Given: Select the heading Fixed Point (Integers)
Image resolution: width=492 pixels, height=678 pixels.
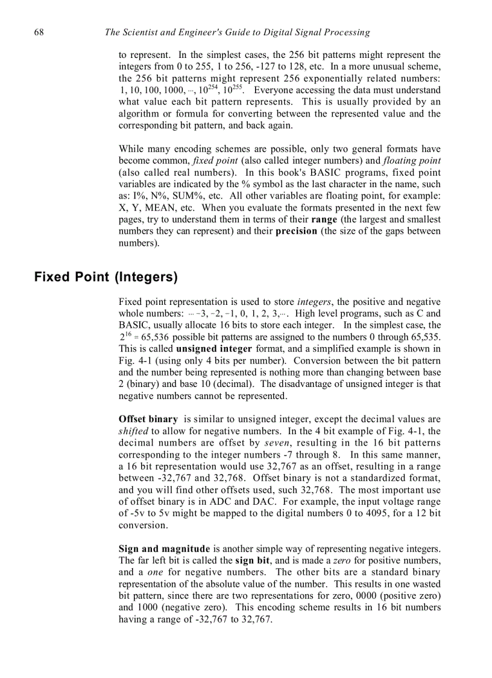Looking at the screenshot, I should tap(106, 277).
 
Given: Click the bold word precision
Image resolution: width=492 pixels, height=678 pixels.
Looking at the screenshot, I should tap(296, 231).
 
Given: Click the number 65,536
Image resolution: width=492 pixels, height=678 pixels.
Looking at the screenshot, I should tap(156, 337).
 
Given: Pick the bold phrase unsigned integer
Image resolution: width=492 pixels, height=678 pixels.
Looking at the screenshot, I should tap(214, 349).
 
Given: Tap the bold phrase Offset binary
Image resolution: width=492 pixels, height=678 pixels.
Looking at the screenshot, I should tap(148, 419).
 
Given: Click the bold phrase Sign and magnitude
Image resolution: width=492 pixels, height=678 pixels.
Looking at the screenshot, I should tap(165, 549).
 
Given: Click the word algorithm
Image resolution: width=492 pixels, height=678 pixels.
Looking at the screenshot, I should tap(136, 114).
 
